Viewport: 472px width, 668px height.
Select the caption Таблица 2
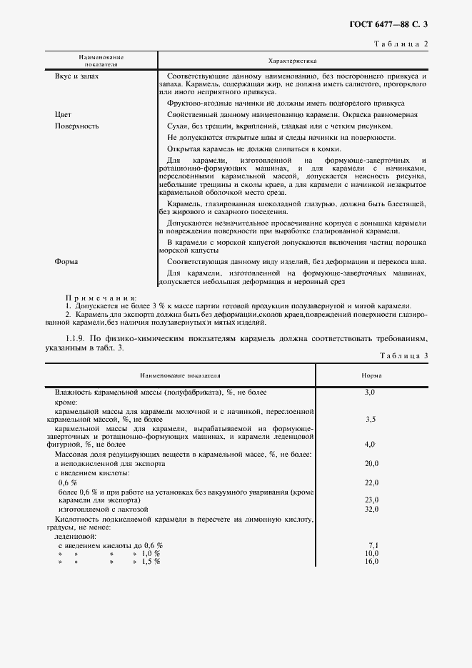401,44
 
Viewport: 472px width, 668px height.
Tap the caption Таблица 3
401,355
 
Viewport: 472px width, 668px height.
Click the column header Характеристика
292,61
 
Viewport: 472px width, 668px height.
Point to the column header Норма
371,375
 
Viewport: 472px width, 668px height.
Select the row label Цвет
63,114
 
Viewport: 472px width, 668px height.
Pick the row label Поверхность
76,126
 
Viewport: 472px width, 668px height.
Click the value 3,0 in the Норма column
370,393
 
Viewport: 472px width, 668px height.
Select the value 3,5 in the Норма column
370,420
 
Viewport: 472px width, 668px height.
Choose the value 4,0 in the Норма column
370,444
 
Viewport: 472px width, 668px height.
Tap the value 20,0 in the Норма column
371,463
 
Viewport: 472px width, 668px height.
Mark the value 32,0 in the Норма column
371,510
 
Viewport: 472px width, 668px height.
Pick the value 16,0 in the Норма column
371,562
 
